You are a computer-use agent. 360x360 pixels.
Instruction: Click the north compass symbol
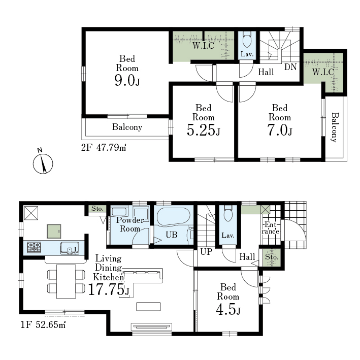click(43, 162)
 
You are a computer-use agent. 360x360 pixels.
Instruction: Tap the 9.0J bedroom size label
click(127, 80)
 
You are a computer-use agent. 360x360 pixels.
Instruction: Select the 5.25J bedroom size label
click(204, 129)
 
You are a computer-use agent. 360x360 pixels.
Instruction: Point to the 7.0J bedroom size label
click(280, 129)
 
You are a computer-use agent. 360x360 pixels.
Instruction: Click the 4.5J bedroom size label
click(228, 309)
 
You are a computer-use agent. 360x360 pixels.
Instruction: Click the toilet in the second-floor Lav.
click(247, 40)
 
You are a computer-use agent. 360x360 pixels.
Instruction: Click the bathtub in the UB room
click(173, 216)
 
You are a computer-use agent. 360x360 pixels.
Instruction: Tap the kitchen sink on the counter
click(70, 248)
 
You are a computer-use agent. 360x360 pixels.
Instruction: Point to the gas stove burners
click(34, 247)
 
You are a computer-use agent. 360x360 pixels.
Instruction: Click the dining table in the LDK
click(66, 281)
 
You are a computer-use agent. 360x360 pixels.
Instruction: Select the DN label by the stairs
click(290, 67)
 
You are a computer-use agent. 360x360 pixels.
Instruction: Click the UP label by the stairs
click(206, 252)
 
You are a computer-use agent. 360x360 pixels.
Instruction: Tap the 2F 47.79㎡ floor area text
click(104, 147)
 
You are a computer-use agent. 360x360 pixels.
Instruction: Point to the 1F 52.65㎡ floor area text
click(43, 324)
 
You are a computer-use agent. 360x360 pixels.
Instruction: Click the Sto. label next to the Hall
click(272, 257)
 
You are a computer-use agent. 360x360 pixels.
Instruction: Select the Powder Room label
click(130, 224)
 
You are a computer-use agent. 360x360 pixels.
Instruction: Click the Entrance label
click(271, 227)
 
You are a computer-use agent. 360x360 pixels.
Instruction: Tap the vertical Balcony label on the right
click(335, 127)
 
